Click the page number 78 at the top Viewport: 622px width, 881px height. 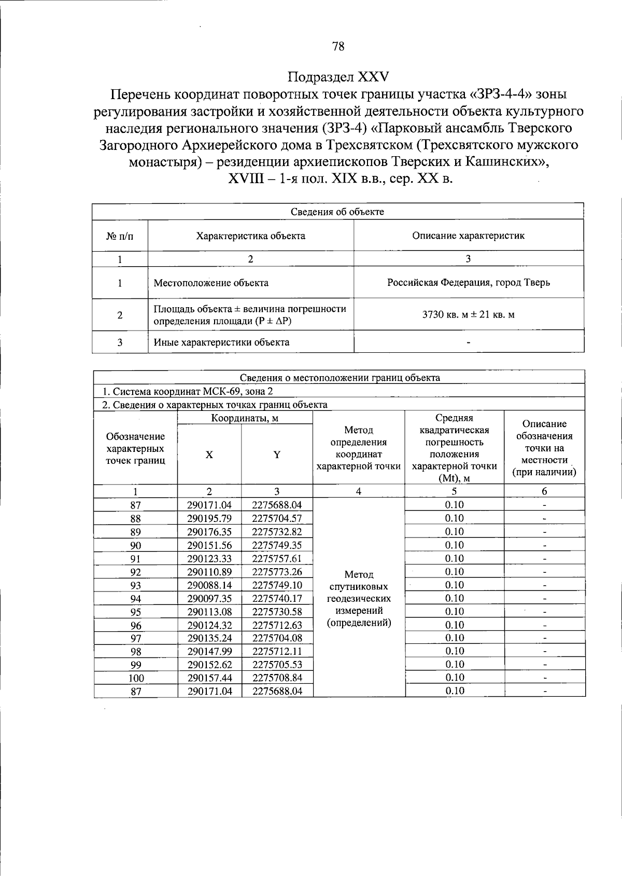point(337,47)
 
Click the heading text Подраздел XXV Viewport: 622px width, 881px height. point(337,77)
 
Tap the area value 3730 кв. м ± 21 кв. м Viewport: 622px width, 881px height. point(468,314)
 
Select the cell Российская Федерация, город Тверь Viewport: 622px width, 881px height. point(468,283)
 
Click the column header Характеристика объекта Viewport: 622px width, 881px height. point(250,236)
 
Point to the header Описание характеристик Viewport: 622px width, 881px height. point(468,236)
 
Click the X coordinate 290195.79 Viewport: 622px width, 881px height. point(209,518)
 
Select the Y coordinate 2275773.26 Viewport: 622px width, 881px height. point(277,572)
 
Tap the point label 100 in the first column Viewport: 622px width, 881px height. point(136,678)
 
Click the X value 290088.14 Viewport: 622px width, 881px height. point(209,585)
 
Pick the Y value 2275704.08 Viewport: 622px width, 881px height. point(277,638)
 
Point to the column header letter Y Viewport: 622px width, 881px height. point(277,455)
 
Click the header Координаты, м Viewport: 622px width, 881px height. point(245,418)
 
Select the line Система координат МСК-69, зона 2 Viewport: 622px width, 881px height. point(187,391)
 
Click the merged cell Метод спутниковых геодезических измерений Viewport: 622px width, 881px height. point(359,598)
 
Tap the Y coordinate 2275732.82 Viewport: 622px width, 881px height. point(277,532)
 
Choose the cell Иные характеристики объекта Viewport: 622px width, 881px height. point(221,342)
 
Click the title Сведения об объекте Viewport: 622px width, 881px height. point(337,212)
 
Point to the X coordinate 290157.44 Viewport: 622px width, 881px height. point(209,678)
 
